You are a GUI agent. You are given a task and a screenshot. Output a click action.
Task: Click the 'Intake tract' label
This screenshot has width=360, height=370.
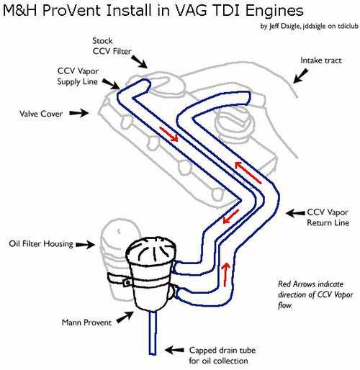pyautogui.click(x=321, y=60)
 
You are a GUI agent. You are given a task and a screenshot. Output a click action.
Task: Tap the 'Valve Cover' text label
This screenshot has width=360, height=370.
pyautogui.click(x=41, y=114)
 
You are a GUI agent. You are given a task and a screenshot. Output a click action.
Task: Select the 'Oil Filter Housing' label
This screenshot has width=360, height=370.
pyautogui.click(x=41, y=244)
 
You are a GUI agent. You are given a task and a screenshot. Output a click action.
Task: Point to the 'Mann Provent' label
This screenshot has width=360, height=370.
pyautogui.click(x=86, y=322)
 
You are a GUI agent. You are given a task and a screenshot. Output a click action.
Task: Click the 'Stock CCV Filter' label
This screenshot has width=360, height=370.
pyautogui.click(x=112, y=46)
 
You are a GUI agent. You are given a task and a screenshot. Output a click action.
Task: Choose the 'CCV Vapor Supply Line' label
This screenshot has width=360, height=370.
pyautogui.click(x=78, y=76)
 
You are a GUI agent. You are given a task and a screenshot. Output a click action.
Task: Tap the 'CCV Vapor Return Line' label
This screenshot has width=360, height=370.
pyautogui.click(x=328, y=217)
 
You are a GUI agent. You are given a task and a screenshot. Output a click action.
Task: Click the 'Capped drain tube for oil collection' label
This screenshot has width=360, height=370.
pyautogui.click(x=222, y=356)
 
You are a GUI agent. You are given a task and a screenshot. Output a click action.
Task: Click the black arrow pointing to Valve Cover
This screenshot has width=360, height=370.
pyautogui.click(x=79, y=113)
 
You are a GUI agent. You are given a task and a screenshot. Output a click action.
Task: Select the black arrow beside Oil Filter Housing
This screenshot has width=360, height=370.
pyautogui.click(x=86, y=245)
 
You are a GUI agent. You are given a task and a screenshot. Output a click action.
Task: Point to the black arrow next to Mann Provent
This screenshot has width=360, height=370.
pyautogui.click(x=125, y=317)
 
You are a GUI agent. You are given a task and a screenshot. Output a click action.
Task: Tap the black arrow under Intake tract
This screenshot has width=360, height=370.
pyautogui.click(x=300, y=76)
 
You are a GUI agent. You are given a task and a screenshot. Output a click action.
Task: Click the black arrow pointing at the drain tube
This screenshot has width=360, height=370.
pyautogui.click(x=174, y=350)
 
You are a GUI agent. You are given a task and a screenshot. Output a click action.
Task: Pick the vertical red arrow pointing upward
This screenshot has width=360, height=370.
pyautogui.click(x=225, y=274)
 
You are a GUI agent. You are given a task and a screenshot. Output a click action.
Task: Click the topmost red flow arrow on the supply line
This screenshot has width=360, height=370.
pyautogui.click(x=168, y=134)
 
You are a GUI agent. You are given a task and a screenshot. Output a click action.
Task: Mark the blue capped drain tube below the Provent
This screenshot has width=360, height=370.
pyautogui.click(x=153, y=333)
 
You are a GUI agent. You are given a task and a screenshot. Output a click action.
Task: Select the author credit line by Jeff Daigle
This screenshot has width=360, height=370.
pyautogui.click(x=310, y=26)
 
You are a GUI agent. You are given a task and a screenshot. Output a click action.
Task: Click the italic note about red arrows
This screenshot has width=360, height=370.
pyautogui.click(x=315, y=294)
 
